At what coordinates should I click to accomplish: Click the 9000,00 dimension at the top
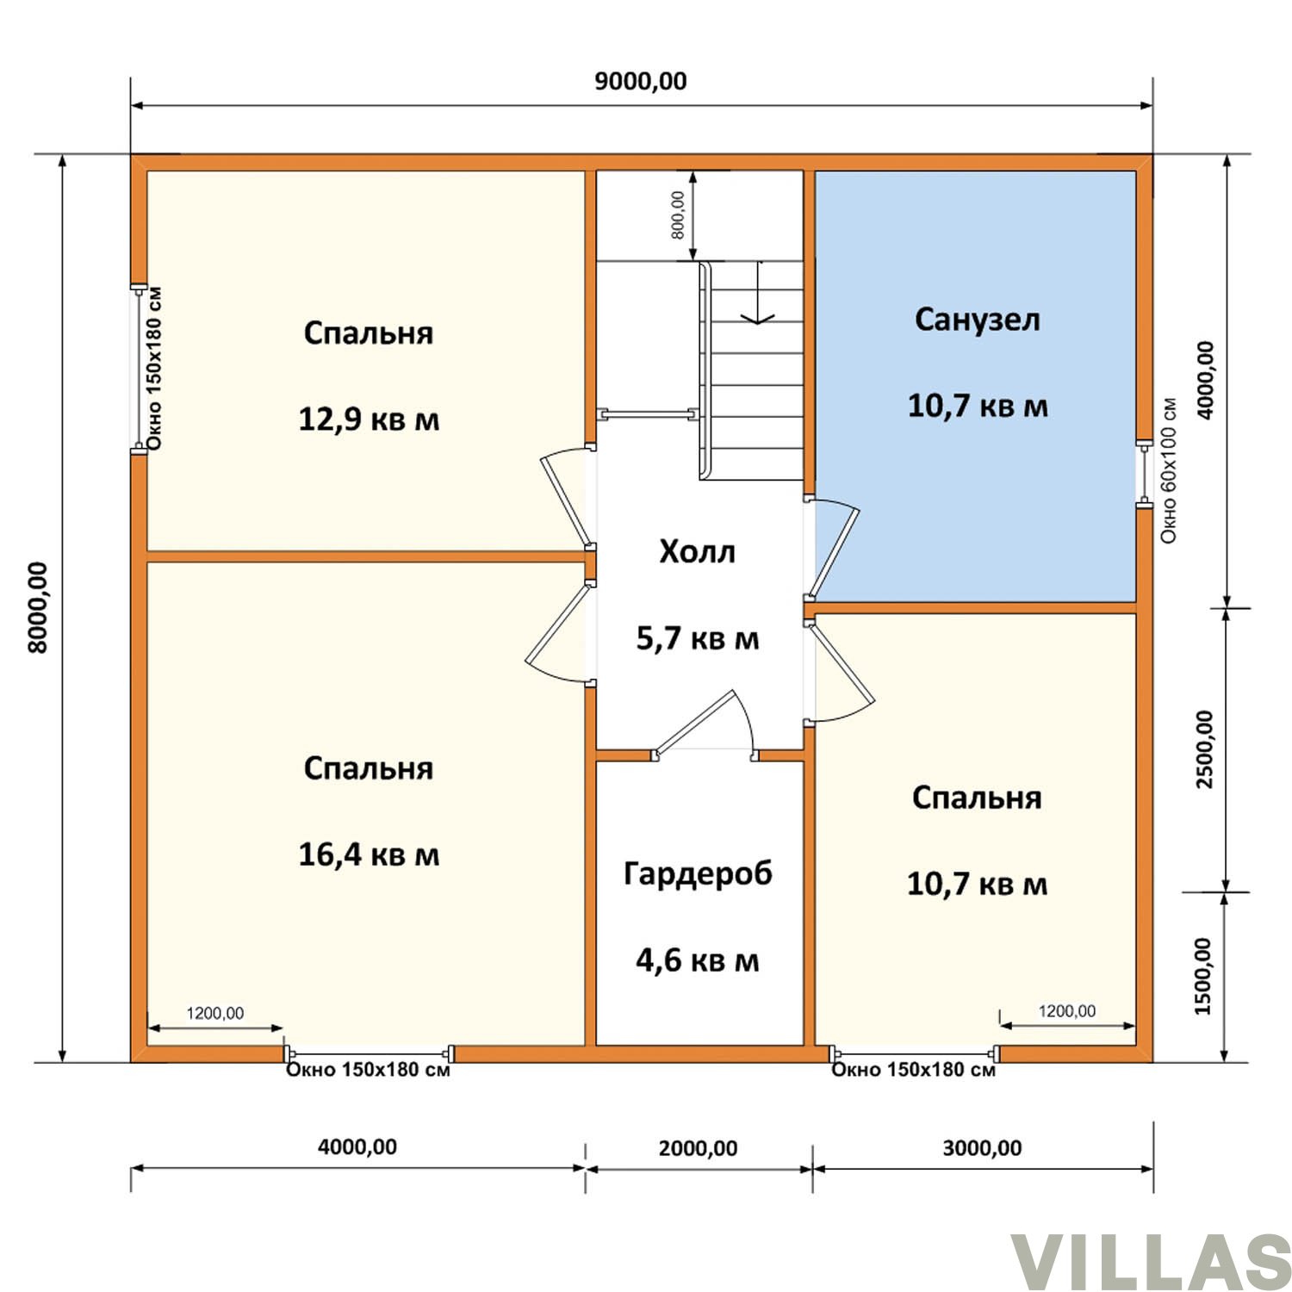[x=641, y=81]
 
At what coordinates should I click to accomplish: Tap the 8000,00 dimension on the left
[x=38, y=607]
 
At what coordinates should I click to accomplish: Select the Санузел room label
[x=978, y=320]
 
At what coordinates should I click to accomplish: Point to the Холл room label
[x=697, y=551]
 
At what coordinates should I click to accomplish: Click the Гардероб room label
[x=698, y=874]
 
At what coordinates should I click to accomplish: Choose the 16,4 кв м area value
[x=369, y=854]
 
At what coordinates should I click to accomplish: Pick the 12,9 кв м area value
[x=369, y=419]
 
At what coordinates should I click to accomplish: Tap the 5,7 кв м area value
[x=698, y=638]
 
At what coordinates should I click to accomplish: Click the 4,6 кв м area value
[x=698, y=960]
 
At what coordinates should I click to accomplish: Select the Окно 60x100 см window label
[x=1168, y=470]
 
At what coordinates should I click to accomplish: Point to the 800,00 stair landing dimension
[x=678, y=215]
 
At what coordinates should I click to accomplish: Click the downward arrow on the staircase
[x=758, y=292]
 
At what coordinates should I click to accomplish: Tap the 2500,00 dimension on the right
[x=1205, y=748]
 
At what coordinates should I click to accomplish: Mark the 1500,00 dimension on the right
[x=1203, y=976]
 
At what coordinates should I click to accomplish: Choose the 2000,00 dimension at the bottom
[x=698, y=1148]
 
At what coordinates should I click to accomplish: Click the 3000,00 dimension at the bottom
[x=982, y=1148]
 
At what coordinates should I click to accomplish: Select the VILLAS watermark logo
[x=1151, y=1263]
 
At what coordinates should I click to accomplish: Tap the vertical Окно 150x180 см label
[x=154, y=369]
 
